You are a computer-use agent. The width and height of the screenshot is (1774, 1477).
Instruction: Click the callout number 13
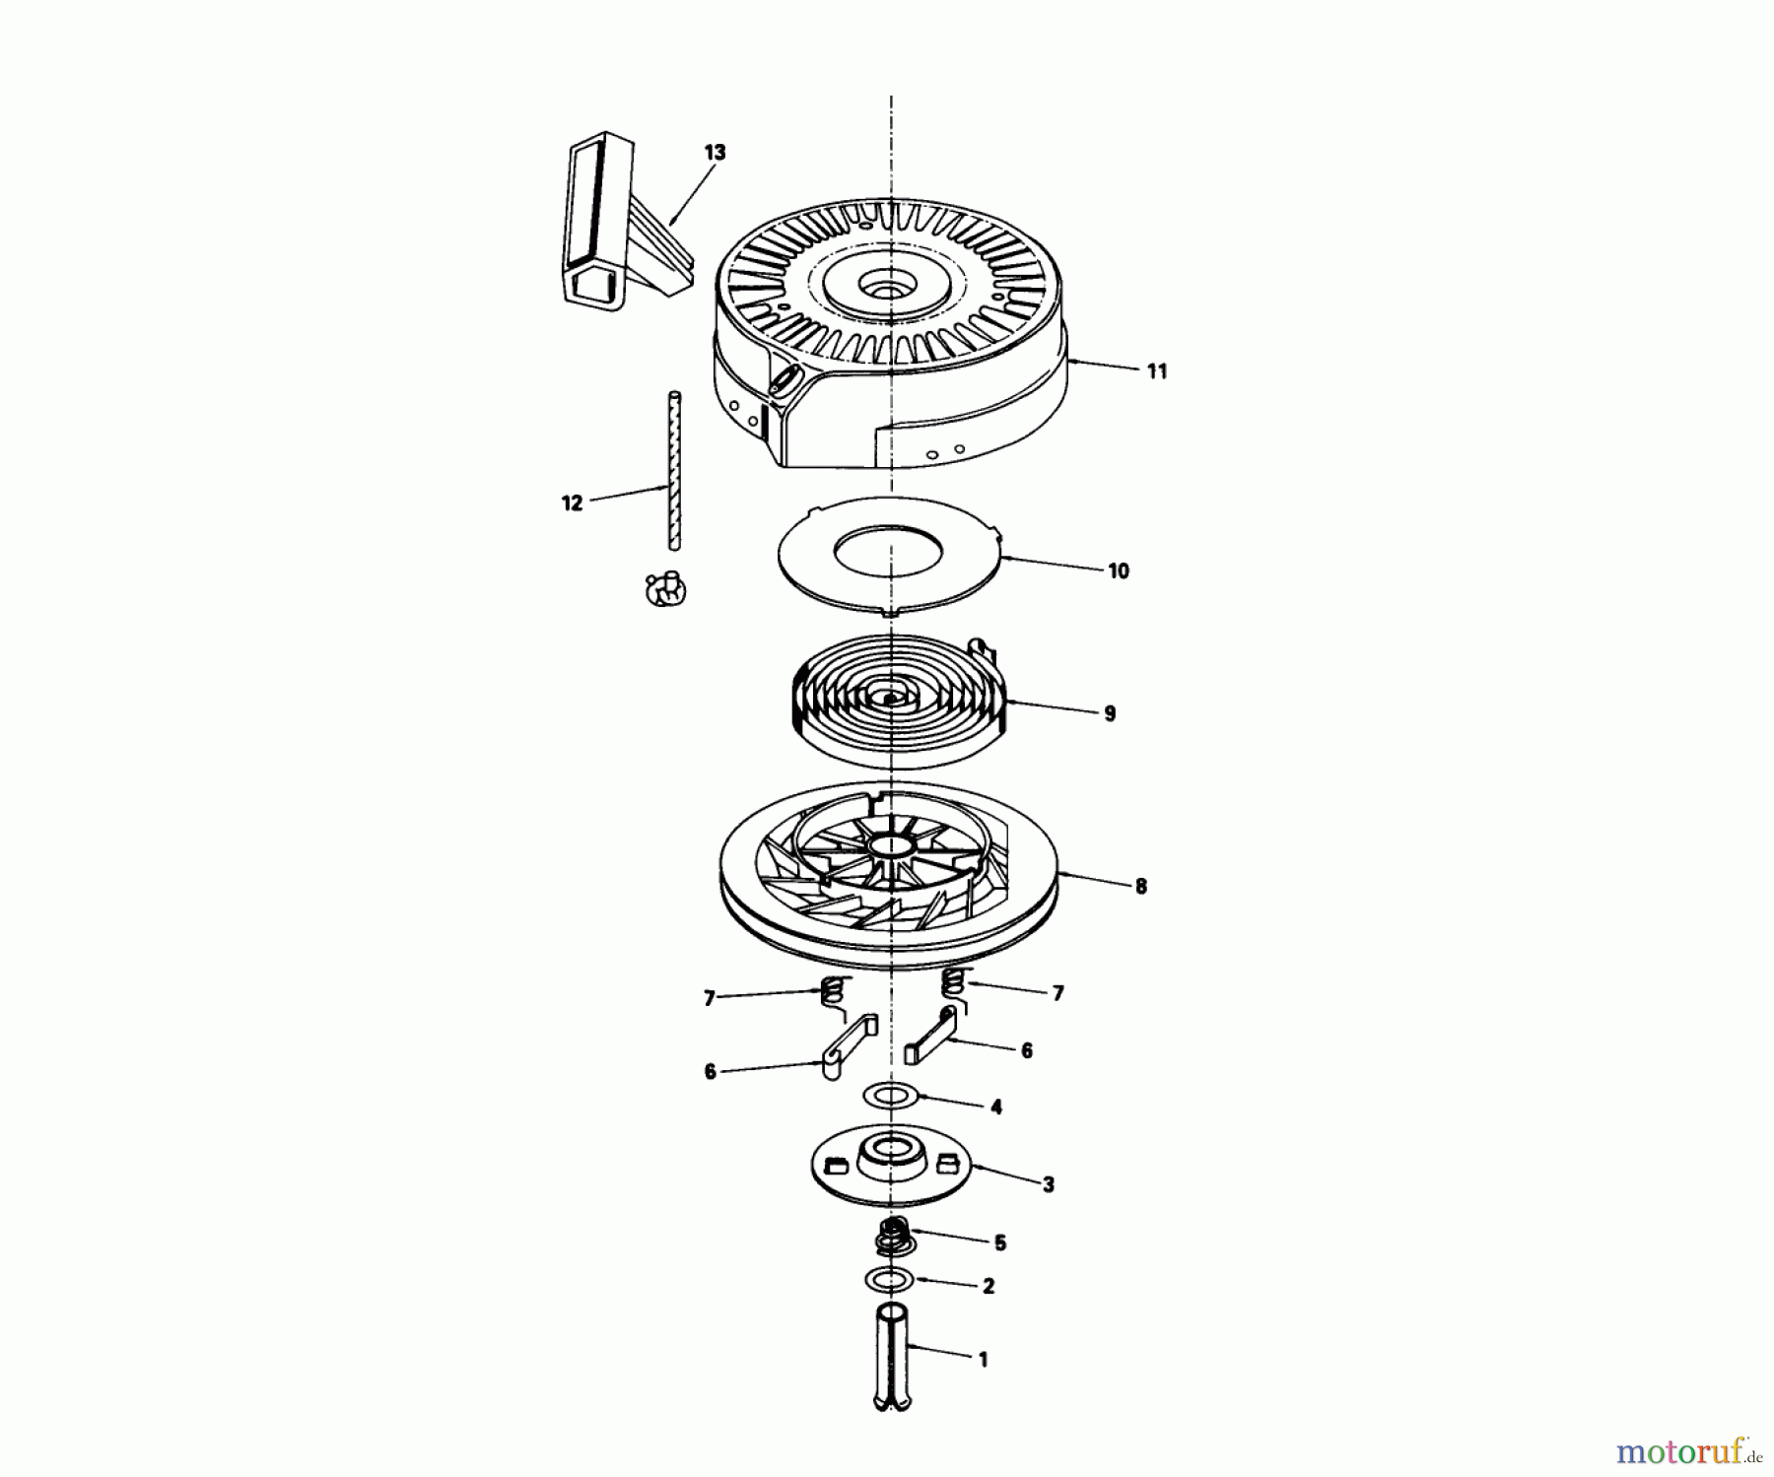click(x=715, y=153)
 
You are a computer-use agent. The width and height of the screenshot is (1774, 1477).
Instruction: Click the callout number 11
click(x=1156, y=371)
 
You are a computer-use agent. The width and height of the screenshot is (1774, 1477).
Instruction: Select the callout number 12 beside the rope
click(x=572, y=503)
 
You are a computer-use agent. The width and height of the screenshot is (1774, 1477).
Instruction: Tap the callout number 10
click(x=1118, y=571)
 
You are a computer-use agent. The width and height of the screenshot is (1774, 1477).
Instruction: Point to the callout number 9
click(x=1110, y=713)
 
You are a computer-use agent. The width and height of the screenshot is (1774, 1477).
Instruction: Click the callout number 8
click(x=1140, y=887)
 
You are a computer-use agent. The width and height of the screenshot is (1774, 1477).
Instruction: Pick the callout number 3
click(x=1048, y=1185)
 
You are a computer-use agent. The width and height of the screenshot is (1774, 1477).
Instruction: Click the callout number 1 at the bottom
click(x=982, y=1360)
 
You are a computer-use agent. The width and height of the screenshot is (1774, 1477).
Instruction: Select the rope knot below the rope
click(x=665, y=589)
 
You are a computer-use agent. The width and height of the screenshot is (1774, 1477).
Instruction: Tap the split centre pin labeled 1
click(x=893, y=1355)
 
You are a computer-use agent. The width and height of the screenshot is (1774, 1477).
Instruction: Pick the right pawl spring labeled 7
click(x=952, y=980)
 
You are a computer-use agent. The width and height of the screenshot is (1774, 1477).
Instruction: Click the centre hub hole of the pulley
click(x=890, y=847)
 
